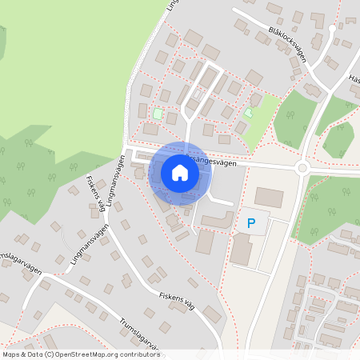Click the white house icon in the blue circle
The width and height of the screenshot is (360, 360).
(x=179, y=172)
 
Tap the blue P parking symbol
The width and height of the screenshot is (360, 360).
(x=251, y=223)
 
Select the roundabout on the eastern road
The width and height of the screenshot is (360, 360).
(x=302, y=168)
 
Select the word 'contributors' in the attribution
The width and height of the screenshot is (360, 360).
(x=140, y=354)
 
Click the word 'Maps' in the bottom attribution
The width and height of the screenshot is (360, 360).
(x=11, y=354)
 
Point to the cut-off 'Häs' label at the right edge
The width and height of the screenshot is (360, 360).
(x=354, y=79)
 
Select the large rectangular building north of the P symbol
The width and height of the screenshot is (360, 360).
(x=269, y=198)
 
